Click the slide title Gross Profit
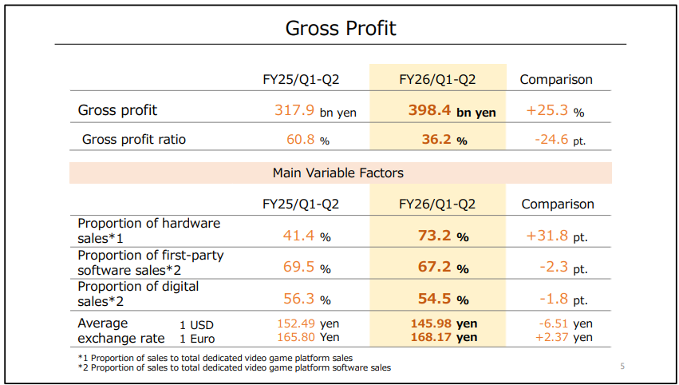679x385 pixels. [x=341, y=29]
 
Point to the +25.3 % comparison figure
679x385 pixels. [x=555, y=111]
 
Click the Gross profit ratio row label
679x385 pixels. [x=134, y=139]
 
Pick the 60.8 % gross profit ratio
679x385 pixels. [x=308, y=140]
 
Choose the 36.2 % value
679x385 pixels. [x=444, y=140]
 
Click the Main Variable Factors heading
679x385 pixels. [x=338, y=173]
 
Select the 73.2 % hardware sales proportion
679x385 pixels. [x=443, y=236]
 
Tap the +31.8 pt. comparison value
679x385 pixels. [x=557, y=236]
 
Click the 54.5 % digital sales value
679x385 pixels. [x=443, y=300]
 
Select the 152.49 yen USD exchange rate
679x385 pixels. [x=307, y=323]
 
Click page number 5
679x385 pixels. [x=623, y=367]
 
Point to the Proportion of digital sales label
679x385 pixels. [x=138, y=293]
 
